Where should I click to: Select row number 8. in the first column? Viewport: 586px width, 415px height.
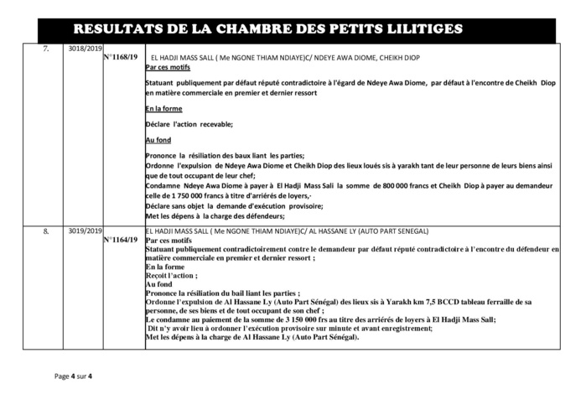(x=47, y=229)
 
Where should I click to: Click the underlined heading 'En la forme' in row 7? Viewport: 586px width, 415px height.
(x=162, y=110)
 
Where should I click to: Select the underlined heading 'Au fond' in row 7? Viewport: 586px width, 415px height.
(x=158, y=140)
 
